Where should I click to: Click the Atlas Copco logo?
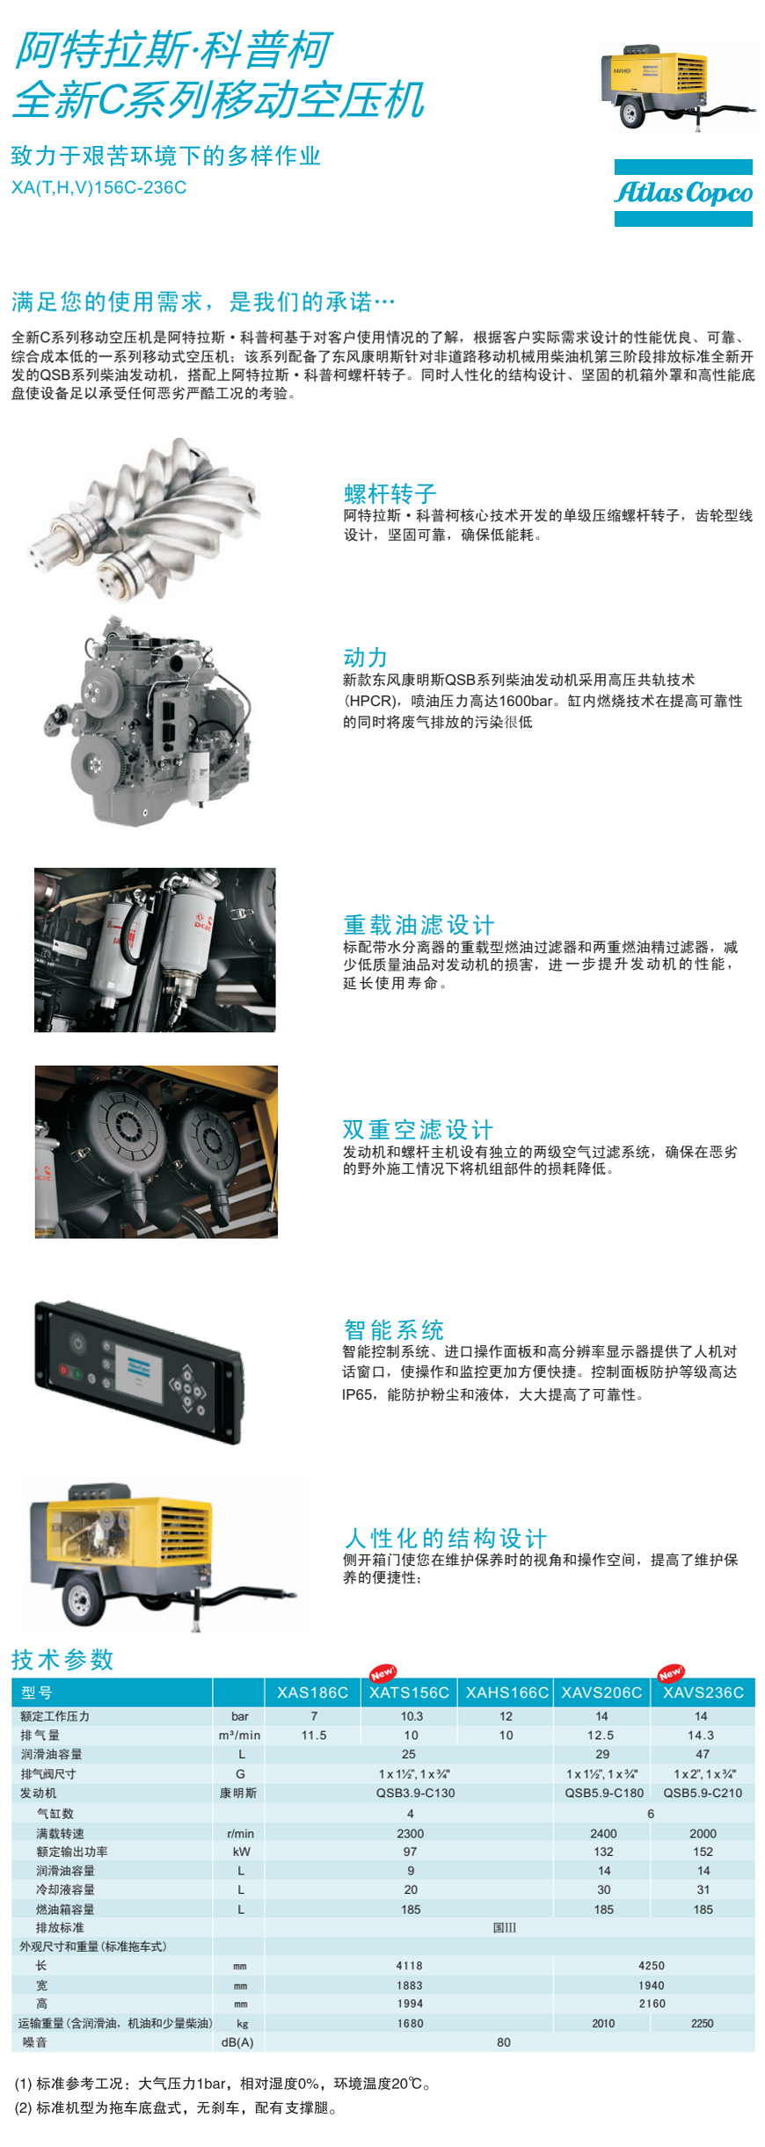683,193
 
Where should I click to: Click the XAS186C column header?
312,1692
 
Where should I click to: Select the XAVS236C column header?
703,1692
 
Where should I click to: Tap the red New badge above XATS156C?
383,1672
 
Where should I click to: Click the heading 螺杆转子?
390,493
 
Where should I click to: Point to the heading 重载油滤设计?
419,924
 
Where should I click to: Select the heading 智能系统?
394,1329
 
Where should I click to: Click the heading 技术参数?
62,1659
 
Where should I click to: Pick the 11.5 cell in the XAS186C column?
314,1735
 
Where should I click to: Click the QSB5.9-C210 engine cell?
703,1793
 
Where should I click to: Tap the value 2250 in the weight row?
703,2023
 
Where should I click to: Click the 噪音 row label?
35,2041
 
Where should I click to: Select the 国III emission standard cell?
505,1927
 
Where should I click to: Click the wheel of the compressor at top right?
631,114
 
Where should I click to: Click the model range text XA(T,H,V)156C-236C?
99,187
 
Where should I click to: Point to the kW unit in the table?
241,1852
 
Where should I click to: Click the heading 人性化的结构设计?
446,1538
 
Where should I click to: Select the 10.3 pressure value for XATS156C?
412,1715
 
